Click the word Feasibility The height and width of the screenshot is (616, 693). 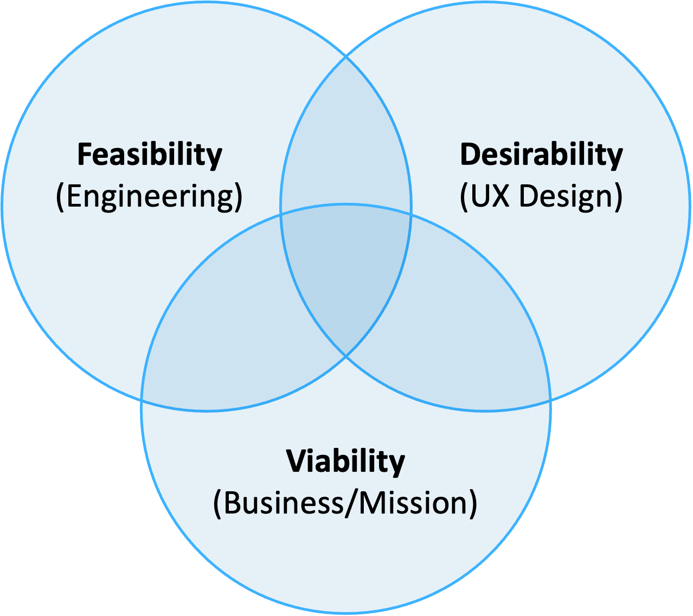point(150,155)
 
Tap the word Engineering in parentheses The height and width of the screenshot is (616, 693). point(149,196)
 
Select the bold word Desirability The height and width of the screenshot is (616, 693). point(541,155)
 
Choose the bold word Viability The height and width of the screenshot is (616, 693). point(345,462)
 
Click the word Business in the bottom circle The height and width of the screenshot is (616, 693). point(283,503)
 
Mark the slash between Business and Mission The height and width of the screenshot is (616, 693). point(351,503)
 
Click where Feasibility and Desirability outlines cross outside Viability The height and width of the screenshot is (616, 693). point(346,56)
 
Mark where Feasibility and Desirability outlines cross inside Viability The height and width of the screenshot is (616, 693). point(346,356)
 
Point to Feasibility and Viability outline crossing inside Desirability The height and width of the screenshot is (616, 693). point(411,216)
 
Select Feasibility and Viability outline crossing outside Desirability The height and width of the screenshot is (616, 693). point(142,400)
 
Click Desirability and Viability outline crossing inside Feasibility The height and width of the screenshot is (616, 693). point(281,216)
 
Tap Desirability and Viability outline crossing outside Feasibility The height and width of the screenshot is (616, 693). point(550,400)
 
